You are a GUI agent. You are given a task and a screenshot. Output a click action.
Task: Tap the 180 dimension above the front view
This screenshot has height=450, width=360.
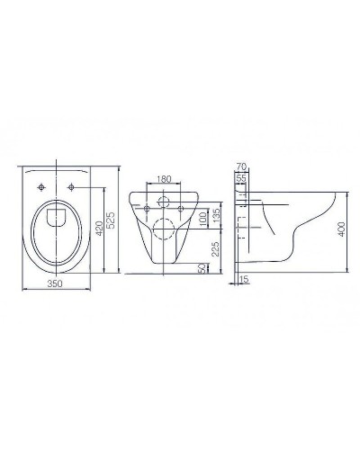tap(164, 180)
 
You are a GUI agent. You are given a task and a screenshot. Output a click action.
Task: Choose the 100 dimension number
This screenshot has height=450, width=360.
tap(202, 219)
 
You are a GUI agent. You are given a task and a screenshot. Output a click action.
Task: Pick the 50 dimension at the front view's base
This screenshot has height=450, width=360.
tap(202, 267)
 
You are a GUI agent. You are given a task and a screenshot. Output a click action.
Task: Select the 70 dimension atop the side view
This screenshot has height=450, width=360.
tap(240, 167)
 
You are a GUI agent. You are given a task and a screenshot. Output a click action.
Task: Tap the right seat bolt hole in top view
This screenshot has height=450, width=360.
tap(72, 186)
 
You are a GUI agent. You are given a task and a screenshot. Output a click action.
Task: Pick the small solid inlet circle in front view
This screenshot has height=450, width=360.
tap(164, 201)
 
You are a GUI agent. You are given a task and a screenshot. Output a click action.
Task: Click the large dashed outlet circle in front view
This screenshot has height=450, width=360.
tap(164, 227)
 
